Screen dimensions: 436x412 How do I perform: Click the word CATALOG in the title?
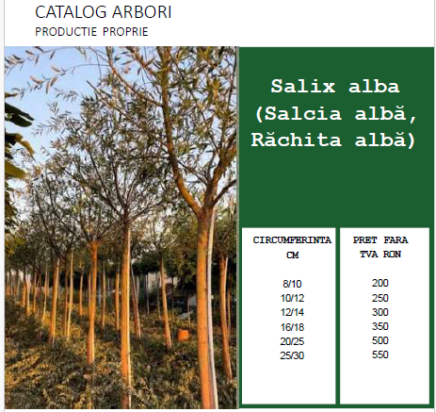click(71, 12)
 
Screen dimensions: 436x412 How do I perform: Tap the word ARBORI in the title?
click(142, 12)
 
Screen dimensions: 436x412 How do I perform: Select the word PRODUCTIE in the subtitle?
click(66, 32)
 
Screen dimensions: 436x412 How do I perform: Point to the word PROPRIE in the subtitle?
click(125, 32)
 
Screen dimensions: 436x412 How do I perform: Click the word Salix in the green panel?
click(303, 86)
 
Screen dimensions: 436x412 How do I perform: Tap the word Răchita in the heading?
click(297, 139)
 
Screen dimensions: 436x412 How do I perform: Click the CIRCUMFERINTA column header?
click(292, 240)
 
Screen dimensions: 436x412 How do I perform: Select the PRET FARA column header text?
click(380, 240)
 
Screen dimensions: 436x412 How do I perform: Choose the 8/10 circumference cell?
click(292, 284)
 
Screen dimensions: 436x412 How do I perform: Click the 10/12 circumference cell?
click(292, 298)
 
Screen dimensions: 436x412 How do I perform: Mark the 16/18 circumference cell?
click(292, 327)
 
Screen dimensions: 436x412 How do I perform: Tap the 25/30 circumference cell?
click(292, 355)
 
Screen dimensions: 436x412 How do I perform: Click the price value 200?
click(380, 283)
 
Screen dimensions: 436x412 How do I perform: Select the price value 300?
click(380, 312)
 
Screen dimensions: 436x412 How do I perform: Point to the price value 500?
click(380, 340)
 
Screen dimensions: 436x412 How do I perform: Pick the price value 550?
click(380, 354)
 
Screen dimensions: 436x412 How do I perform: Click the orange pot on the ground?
click(183, 335)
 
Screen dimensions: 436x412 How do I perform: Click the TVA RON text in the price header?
click(380, 255)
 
